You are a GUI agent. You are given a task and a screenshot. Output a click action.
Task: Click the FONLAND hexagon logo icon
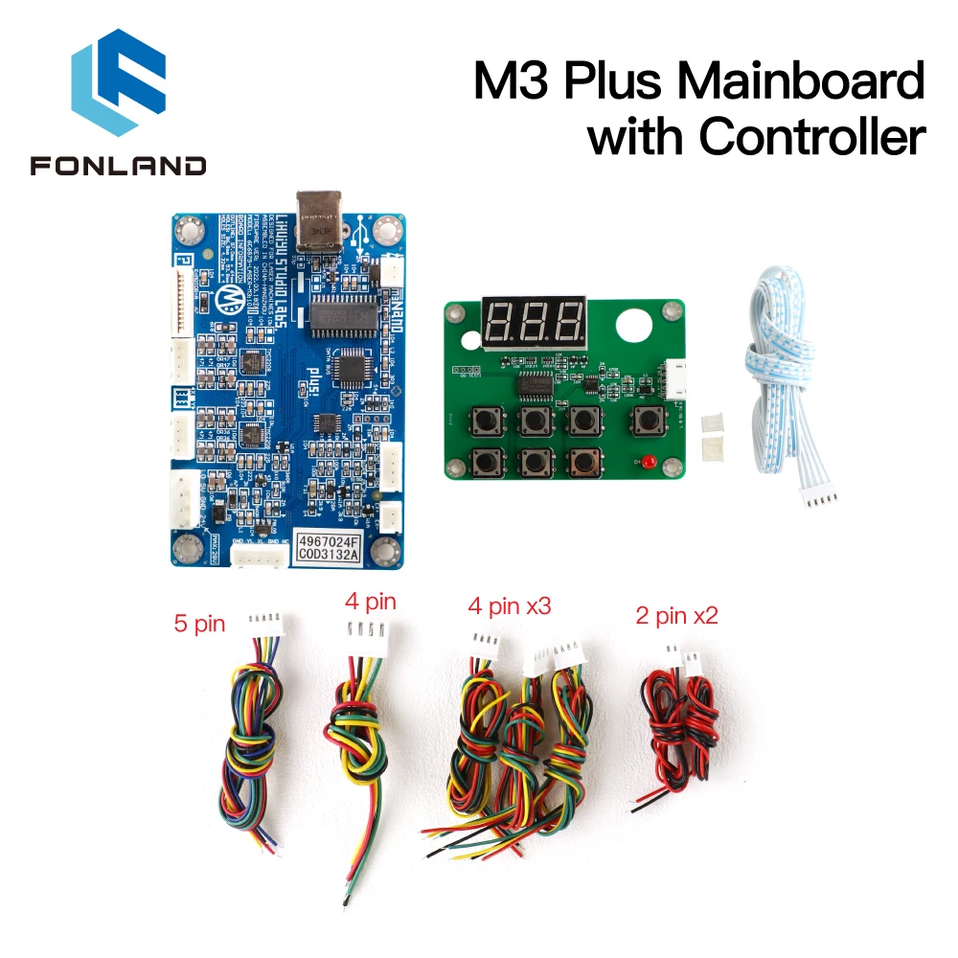tap(117, 87)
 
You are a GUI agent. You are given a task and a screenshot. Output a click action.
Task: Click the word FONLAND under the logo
tap(118, 166)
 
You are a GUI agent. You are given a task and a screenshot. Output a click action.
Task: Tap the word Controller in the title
tap(811, 137)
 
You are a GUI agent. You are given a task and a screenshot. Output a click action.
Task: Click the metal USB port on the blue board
tap(319, 222)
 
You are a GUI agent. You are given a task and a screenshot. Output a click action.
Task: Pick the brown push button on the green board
tap(581, 462)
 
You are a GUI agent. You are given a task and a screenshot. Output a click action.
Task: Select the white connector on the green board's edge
tap(673, 380)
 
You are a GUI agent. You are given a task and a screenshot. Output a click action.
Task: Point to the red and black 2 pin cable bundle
tap(683, 728)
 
